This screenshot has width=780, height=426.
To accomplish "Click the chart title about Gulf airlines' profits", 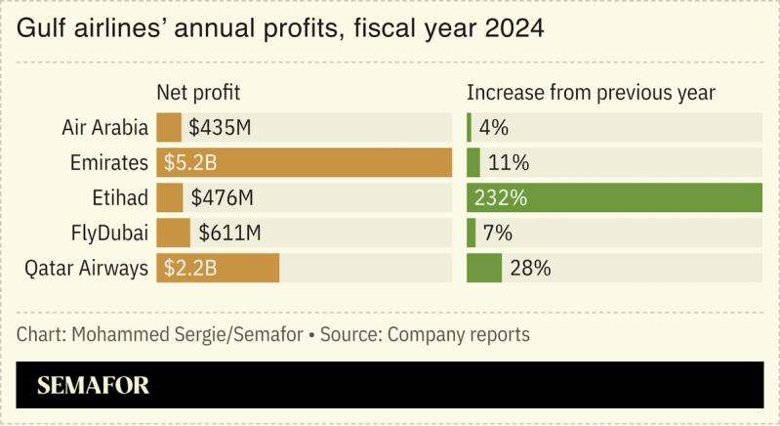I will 280,29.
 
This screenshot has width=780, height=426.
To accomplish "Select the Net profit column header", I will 198,93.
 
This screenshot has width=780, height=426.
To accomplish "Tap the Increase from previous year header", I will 591,93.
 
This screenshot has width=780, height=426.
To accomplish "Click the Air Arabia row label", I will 104,127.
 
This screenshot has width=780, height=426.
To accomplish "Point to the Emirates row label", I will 109,162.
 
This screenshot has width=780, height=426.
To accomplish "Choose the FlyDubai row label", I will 109,233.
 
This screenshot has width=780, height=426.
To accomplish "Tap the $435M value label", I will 222,127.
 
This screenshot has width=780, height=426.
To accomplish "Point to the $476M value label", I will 223,197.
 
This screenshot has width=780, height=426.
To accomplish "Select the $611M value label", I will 230,233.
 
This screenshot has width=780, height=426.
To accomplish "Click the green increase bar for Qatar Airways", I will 484,268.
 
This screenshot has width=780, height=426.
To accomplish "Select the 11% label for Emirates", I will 508,162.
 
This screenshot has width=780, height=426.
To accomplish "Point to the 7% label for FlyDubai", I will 499,233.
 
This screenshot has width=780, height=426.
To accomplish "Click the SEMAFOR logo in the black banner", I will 94,385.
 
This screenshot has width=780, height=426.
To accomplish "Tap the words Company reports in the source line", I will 459,334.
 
